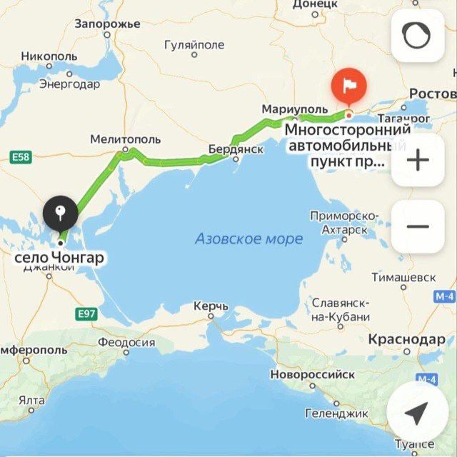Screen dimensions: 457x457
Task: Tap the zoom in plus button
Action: pos(418,160)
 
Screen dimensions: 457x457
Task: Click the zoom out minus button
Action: pos(418,227)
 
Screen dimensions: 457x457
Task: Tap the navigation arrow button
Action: pos(418,412)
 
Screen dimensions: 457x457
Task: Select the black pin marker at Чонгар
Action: pos(60,212)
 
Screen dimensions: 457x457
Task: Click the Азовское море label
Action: pos(248,238)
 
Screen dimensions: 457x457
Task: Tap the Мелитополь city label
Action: pos(126,139)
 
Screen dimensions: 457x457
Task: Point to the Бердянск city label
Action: pos(236,149)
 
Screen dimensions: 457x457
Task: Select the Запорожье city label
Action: pos(107,24)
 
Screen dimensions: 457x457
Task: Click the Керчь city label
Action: pos(211,306)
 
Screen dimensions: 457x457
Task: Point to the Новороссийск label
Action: pos(312,373)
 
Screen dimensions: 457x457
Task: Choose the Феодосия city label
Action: pos(126,342)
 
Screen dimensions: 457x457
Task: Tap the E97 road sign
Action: pos(86,313)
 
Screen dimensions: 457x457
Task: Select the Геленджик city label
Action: pos(336,413)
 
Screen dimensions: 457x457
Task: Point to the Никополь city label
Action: pos(49,56)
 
